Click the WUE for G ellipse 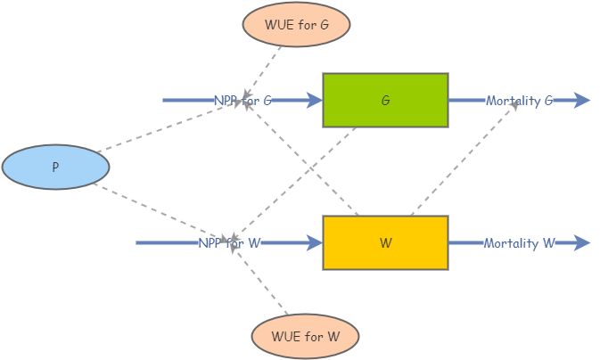pyautogui.click(x=297, y=25)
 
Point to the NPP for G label pyautogui.click(x=242, y=101)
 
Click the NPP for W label pyautogui.click(x=229, y=242)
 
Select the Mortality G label pyautogui.click(x=520, y=101)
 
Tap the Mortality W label pyautogui.click(x=520, y=242)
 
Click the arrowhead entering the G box pyautogui.click(x=314, y=101)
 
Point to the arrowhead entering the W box pyautogui.click(x=314, y=242)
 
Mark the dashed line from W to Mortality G pyautogui.click(x=464, y=160)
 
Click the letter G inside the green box pyautogui.click(x=385, y=101)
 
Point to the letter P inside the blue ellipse pyautogui.click(x=55, y=167)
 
